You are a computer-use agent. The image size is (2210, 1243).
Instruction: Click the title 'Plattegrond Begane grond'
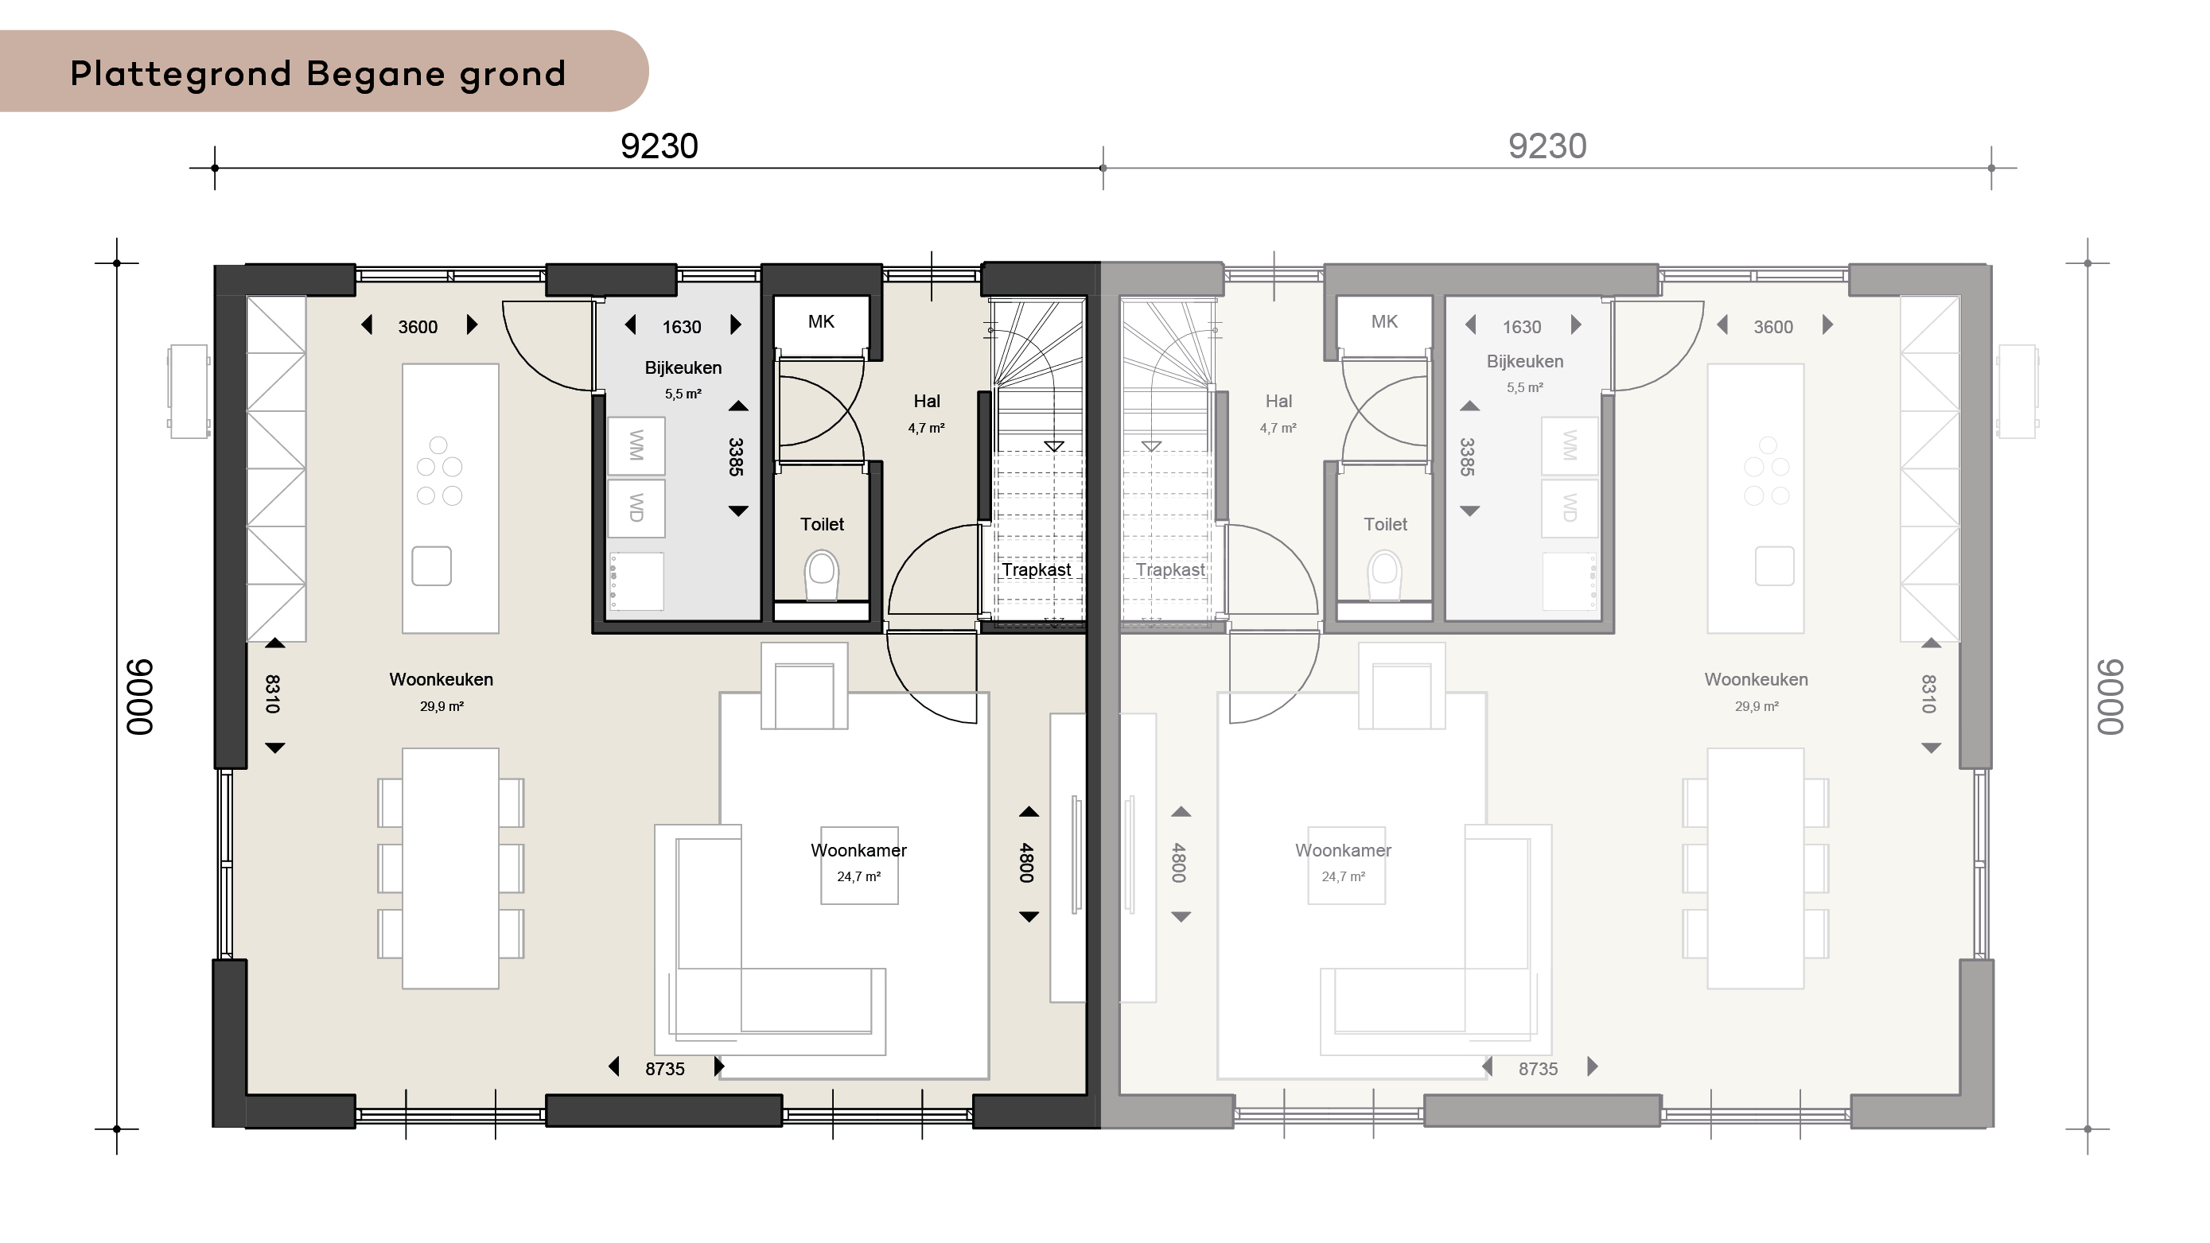tap(317, 75)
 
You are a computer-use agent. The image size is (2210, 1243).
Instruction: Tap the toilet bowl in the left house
tap(822, 574)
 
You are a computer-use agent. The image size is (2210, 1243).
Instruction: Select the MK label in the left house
tap(821, 322)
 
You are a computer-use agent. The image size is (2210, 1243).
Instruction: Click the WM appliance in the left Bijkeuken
tap(636, 446)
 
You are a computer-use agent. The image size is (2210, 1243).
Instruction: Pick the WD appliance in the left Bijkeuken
tap(636, 508)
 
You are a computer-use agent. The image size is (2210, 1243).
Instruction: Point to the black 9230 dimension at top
tap(659, 146)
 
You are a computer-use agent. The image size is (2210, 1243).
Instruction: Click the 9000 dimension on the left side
tap(140, 697)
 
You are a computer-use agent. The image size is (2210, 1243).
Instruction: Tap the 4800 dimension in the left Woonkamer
tap(1027, 863)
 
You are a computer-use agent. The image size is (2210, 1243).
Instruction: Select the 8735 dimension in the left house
tap(665, 1069)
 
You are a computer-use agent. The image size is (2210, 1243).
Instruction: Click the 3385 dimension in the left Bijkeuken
tap(736, 457)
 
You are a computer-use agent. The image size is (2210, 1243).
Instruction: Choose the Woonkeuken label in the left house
tap(441, 679)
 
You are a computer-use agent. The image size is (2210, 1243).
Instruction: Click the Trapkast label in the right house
tap(1170, 569)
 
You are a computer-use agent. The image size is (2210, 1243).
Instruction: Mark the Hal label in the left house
tap(927, 402)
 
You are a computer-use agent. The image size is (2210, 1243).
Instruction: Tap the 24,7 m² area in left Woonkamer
tap(858, 876)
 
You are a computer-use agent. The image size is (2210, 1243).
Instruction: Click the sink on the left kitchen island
tap(431, 566)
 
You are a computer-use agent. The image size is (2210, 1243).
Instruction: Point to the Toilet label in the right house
tap(1386, 524)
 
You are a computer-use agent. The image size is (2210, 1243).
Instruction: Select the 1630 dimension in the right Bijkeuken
tap(1522, 327)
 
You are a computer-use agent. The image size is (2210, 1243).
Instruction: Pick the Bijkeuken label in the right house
tap(1524, 361)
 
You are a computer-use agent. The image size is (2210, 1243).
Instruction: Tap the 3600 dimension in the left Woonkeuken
tap(418, 327)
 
